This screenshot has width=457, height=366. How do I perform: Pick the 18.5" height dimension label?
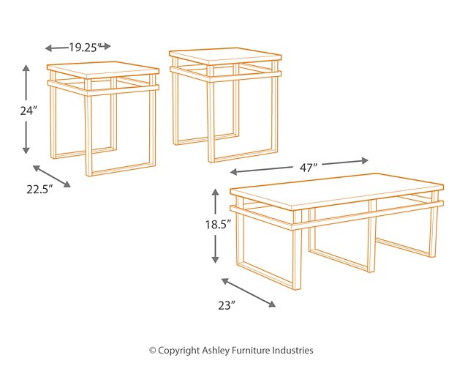pos(216,225)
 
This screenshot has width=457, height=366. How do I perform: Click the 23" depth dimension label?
pos(226,305)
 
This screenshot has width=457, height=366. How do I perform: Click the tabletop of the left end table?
pos(103,71)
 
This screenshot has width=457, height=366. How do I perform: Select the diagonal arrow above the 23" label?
pos(249,292)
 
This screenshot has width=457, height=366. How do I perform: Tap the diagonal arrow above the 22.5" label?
pos(52,176)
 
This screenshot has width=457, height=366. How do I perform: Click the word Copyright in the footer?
pos(178,351)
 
